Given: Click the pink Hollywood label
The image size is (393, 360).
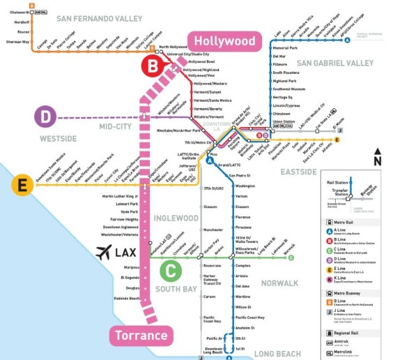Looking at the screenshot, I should point(224,41).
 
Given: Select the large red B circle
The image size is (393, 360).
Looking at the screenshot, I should point(152,66).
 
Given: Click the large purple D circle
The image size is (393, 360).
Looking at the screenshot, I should point(45,117).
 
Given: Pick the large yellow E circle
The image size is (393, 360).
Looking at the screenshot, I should point(22,185).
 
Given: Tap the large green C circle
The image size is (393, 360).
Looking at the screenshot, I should point(171,269).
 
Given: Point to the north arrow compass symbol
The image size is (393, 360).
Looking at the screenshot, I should point(377,156).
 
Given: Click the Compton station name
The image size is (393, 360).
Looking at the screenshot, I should point(242,266).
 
